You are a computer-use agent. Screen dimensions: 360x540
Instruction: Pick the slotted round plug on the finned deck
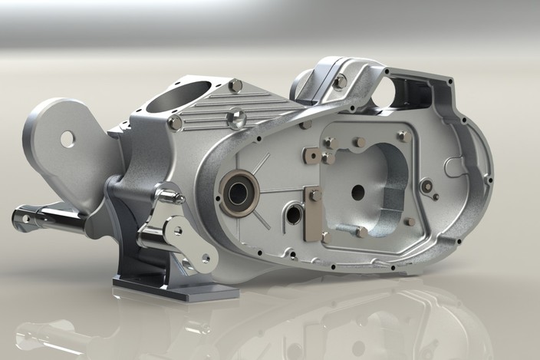point(237,118)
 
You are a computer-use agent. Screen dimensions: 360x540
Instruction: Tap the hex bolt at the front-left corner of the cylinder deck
point(176,122)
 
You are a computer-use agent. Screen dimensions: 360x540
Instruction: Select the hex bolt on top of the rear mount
point(340,81)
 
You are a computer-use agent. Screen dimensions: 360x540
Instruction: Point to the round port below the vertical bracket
point(294,215)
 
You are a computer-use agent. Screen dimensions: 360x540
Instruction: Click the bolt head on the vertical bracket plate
point(315,196)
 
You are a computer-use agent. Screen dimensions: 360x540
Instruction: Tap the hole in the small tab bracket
point(309,157)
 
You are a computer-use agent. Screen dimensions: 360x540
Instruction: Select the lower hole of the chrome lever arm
point(205,259)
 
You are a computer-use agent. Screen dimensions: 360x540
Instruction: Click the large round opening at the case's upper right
point(405,90)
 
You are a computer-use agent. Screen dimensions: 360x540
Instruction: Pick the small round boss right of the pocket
point(426,184)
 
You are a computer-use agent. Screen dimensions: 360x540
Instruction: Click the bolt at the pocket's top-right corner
point(402,136)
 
